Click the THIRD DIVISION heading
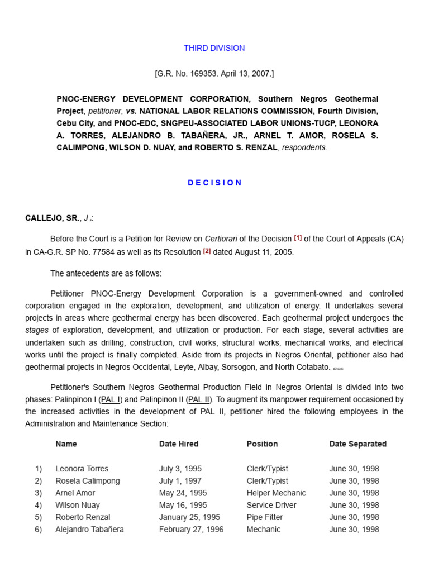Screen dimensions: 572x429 pos(214,48)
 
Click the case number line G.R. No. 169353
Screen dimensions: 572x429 pos(214,73)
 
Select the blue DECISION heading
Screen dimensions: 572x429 pos(214,183)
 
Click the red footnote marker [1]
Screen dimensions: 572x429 pos(298,238)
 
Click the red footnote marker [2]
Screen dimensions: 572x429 pos(207,251)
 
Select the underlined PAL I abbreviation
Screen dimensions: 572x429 pos(111,399)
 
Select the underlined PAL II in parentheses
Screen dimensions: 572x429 pos(199,399)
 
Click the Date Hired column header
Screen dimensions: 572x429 pos(178,444)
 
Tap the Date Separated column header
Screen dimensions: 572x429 pos(357,444)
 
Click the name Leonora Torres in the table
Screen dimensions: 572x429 pos(82,469)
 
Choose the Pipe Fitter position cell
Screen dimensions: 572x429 pos(264,517)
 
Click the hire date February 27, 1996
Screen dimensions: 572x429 pos(191,530)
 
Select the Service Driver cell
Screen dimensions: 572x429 pos(271,505)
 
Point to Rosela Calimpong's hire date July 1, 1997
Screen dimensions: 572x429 pos(180,481)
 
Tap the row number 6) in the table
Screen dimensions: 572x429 pos(38,530)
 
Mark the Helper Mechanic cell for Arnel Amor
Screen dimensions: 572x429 pos(276,493)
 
